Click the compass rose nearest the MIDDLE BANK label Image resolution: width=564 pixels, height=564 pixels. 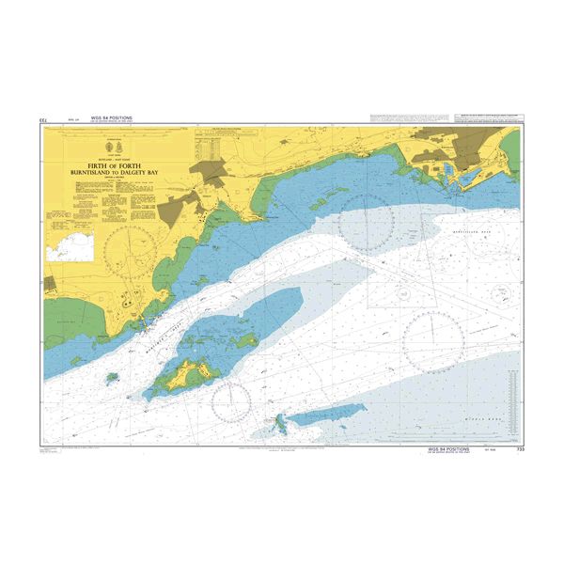click(x=432, y=339)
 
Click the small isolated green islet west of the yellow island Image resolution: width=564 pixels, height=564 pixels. click(x=111, y=378)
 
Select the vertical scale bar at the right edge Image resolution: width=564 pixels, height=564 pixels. click(x=513, y=395)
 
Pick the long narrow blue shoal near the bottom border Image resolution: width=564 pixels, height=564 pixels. click(x=324, y=413)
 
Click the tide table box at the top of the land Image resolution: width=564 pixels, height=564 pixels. click(x=209, y=146)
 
